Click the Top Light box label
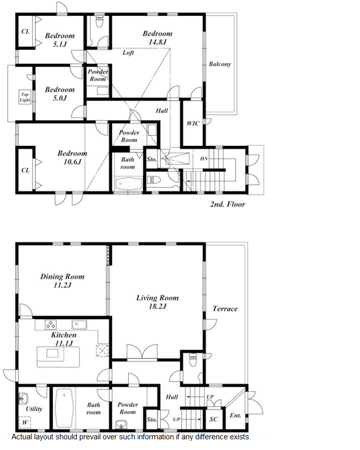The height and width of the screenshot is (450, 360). (x=25, y=97)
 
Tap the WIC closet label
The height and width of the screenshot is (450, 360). (x=193, y=124)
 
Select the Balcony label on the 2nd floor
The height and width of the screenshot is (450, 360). (x=220, y=64)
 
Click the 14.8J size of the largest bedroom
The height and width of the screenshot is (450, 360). (x=157, y=42)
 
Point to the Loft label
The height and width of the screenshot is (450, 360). (x=128, y=52)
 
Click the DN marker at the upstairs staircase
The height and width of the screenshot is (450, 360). (x=204, y=159)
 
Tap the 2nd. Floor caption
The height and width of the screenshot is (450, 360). (x=228, y=204)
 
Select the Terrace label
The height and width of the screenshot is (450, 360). (x=225, y=309)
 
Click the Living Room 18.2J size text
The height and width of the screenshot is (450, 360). (x=157, y=307)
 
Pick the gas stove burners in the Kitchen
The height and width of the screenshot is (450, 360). (x=51, y=325)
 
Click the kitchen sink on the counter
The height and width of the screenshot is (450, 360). (x=79, y=324)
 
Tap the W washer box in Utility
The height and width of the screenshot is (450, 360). (x=25, y=422)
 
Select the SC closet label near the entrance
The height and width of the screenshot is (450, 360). (x=214, y=419)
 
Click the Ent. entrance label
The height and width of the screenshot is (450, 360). (x=235, y=415)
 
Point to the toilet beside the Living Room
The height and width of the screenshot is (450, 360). (x=193, y=359)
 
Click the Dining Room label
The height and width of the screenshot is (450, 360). (x=63, y=277)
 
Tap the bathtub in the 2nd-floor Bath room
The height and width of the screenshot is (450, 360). (x=129, y=184)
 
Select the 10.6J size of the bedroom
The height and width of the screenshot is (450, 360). (x=72, y=162)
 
